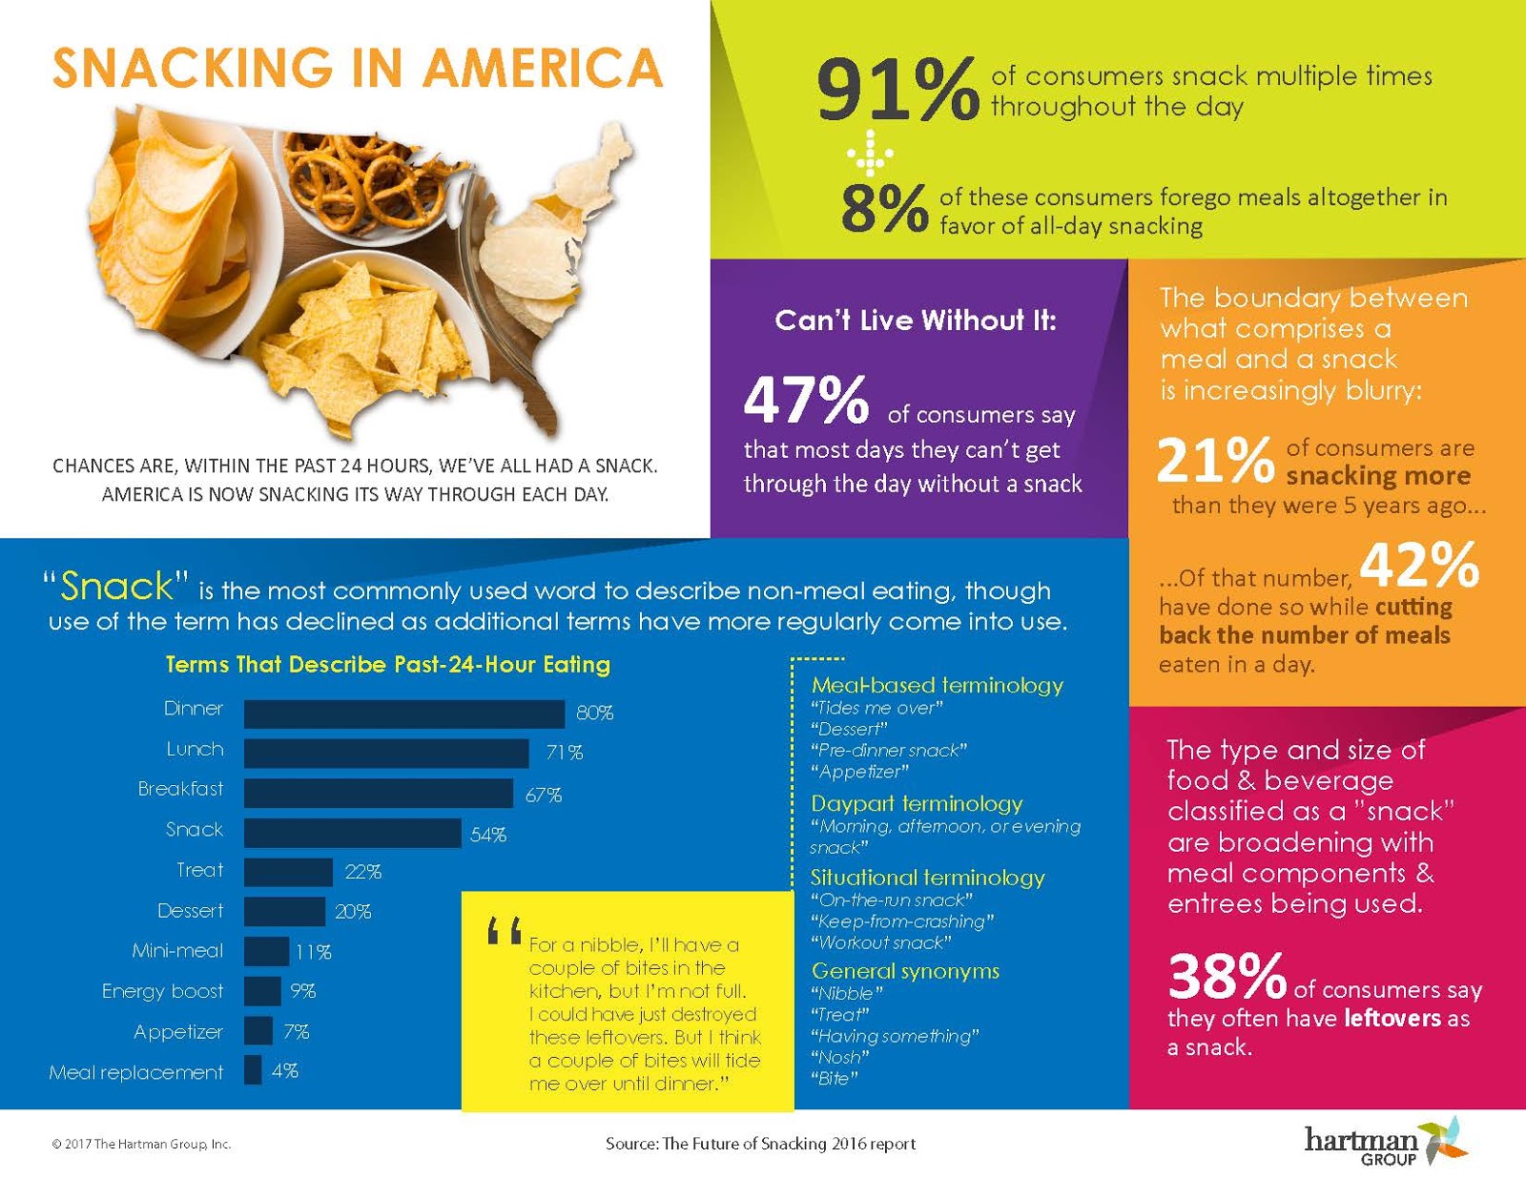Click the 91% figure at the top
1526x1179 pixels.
(897, 90)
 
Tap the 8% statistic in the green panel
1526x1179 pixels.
(883, 208)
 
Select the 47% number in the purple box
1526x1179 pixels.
(806, 400)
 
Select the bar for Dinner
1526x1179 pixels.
(403, 714)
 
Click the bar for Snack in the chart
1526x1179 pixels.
(352, 833)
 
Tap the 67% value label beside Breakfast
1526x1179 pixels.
(544, 795)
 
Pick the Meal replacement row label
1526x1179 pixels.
(136, 1072)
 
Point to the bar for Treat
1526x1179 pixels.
(288, 872)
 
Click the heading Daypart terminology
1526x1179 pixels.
(917, 803)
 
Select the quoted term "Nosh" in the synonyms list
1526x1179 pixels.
(839, 1057)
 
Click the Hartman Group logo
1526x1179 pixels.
(1383, 1142)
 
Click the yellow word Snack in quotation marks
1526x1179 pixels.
(116, 587)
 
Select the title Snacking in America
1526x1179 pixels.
(357, 69)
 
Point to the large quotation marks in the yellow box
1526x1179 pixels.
(504, 931)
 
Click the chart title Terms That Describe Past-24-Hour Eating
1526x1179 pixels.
(387, 665)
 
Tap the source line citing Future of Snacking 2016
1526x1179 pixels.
(760, 1144)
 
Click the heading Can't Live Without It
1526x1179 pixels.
(916, 321)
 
